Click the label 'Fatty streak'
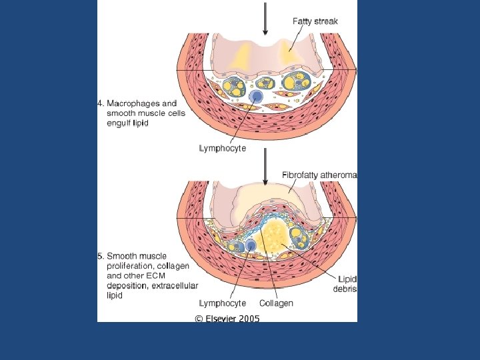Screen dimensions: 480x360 [x=315, y=21]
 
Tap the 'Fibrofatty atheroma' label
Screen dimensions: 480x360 [x=319, y=175]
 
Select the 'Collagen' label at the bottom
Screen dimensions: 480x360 [x=276, y=303]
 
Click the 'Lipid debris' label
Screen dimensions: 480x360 [x=347, y=284]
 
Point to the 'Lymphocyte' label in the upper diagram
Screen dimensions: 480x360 [x=223, y=149]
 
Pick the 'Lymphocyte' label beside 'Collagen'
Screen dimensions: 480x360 [x=223, y=303]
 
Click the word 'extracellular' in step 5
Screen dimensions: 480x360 [x=161, y=285]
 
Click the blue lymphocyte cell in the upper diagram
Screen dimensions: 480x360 [x=255, y=98]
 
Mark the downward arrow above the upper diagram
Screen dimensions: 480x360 [x=266, y=16]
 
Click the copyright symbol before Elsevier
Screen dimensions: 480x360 [x=199, y=319]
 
